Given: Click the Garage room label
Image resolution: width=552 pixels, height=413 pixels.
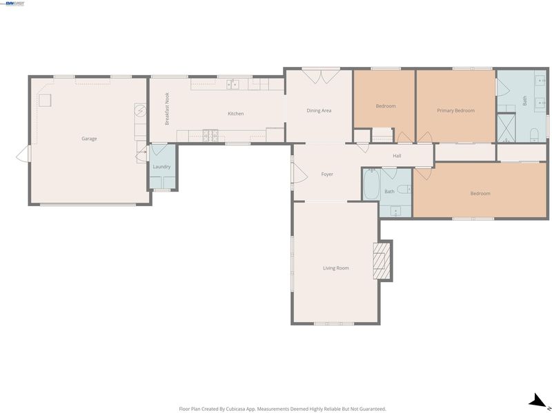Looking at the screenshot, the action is pos(89,139).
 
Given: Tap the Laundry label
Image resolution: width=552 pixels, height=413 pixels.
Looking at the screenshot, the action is pos(161,167).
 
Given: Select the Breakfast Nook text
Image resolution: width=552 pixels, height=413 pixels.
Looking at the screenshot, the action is pos(167,109).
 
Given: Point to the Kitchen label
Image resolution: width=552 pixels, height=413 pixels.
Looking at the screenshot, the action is pos(235,114).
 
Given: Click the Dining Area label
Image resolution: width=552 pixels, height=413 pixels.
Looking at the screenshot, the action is pos(319,110).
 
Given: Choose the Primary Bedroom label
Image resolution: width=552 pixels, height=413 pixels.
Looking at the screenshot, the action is pos(455,110).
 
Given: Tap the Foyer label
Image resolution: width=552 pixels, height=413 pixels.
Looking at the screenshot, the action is pos(327,174).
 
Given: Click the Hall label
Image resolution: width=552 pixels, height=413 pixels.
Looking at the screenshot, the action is pos(397,156).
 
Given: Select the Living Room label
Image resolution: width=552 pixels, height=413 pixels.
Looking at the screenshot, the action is pos(336,268).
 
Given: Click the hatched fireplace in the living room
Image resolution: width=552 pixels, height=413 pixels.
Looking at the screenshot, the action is pos(382,261).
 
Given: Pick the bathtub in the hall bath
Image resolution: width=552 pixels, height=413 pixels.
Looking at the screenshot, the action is pos(371,184).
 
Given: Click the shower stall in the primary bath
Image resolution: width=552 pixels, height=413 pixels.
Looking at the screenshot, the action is pos(506,128).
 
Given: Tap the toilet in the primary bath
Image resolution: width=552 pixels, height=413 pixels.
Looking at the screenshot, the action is pos(534,134).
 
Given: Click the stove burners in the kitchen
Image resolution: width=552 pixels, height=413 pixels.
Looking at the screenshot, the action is pos(210,135).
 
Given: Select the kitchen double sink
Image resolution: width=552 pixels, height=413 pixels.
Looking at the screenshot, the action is pos(233,84).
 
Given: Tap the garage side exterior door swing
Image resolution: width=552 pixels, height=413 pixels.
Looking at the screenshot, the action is pos(23,154).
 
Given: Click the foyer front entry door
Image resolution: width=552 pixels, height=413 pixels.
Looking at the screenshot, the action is pos(299,174).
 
